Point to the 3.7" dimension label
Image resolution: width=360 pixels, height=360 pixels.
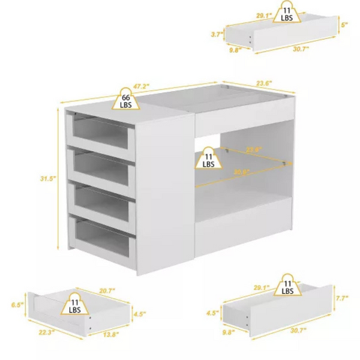pyautogui.click(x=218, y=35)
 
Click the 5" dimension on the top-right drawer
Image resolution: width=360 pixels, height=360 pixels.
pyautogui.click(x=345, y=25)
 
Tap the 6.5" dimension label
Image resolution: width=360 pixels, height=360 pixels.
pyautogui.click(x=17, y=305)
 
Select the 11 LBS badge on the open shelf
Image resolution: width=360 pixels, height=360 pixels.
pyautogui.click(x=208, y=158)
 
